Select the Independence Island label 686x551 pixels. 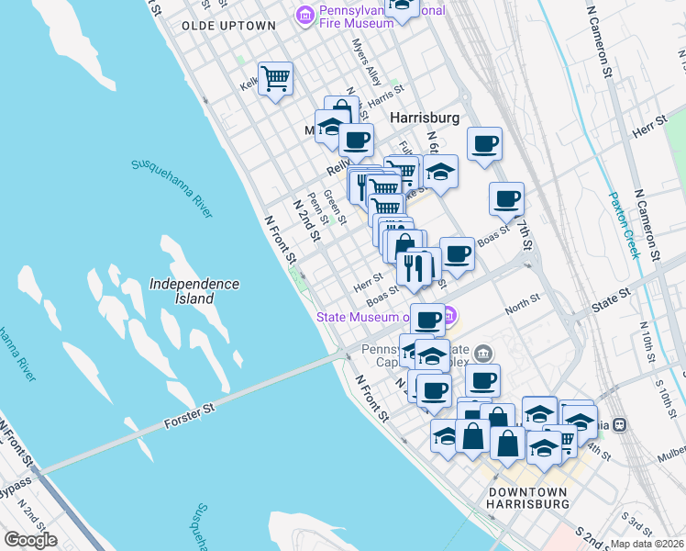[194, 291]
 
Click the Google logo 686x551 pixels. [31, 539]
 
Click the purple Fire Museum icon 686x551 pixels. [304, 16]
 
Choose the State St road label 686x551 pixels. [611, 298]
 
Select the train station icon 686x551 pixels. [620, 424]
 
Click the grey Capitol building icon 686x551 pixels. [484, 354]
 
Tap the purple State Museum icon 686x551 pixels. [449, 318]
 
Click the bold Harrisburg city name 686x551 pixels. [424, 118]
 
